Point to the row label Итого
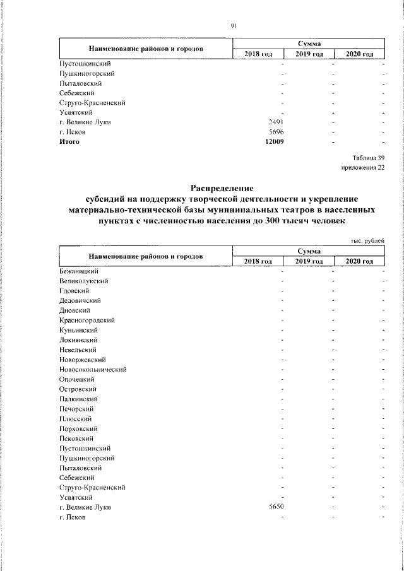(69, 141)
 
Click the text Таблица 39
(367, 157)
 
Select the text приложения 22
(362, 167)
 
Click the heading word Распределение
(222, 187)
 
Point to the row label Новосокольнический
(93, 369)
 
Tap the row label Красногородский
(86, 320)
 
